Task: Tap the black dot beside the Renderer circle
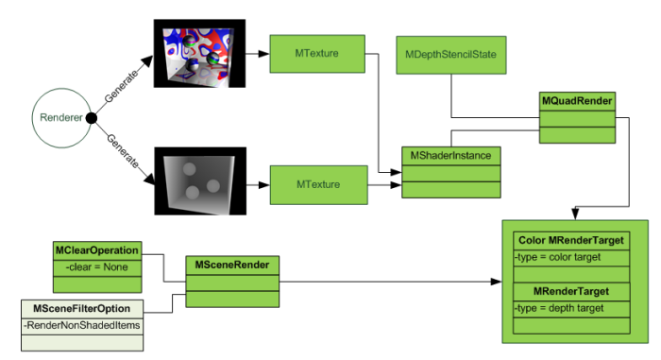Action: [x=92, y=117]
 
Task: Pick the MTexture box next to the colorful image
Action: [x=317, y=53]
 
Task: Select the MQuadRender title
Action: [x=576, y=100]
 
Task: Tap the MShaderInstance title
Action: [x=450, y=154]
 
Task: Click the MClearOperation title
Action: [x=97, y=250]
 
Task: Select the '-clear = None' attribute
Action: [x=96, y=267]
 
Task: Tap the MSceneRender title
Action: [x=233, y=264]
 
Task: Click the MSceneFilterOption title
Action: [x=82, y=309]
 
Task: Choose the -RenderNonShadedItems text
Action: [x=82, y=325]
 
